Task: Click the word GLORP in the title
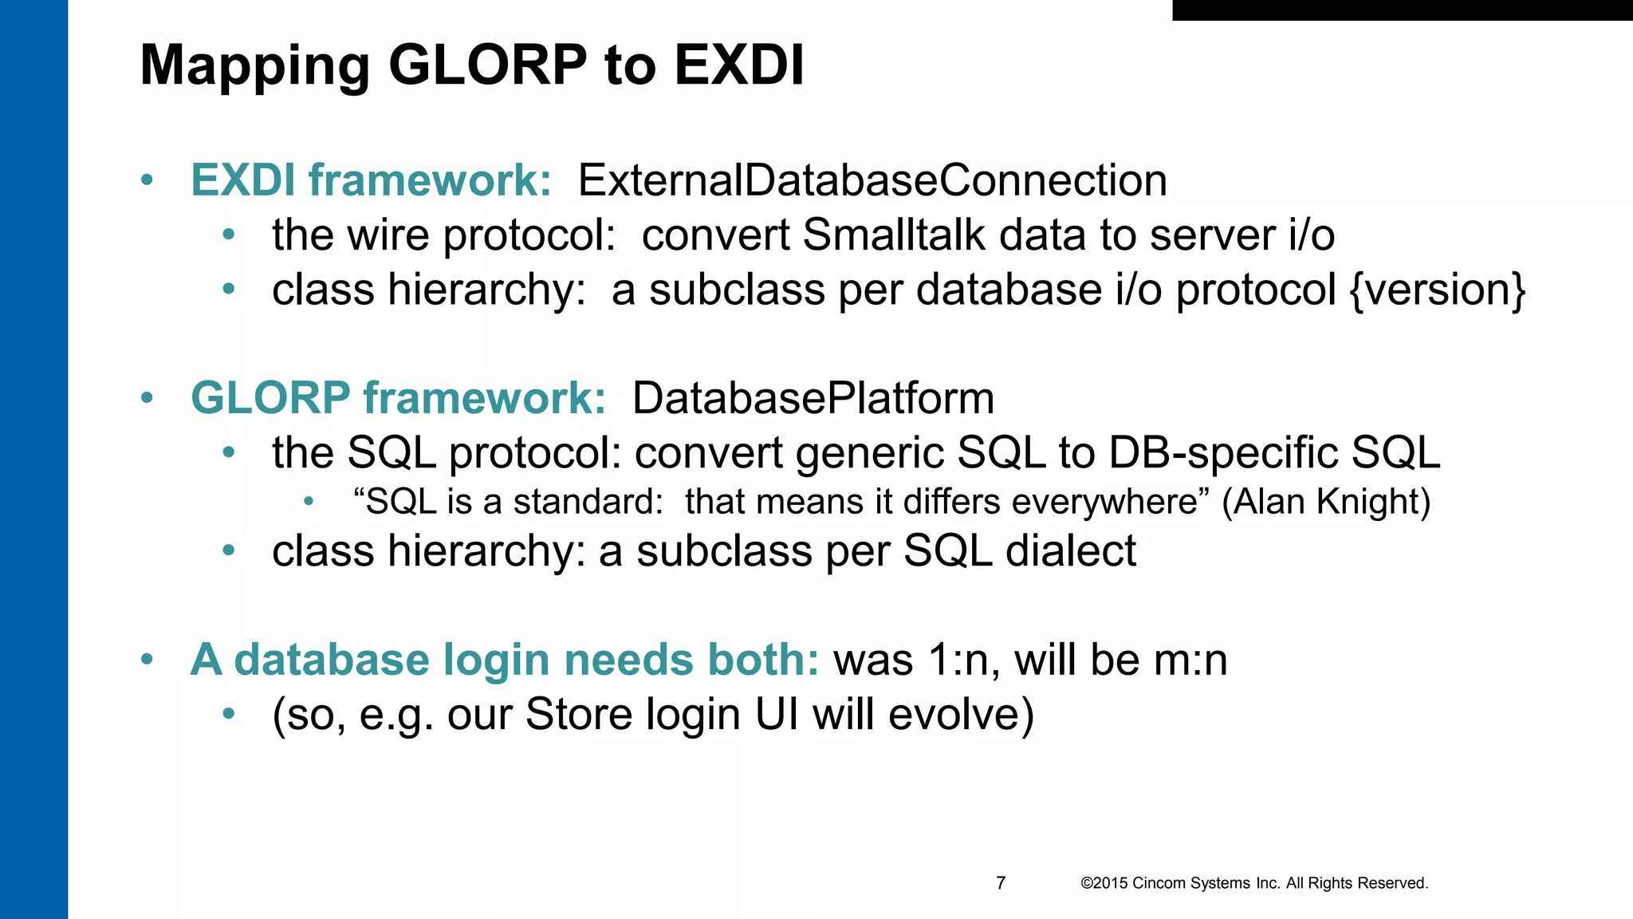[487, 65]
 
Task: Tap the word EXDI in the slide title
[738, 65]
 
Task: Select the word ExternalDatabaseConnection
[872, 180]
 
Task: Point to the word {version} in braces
[1438, 290]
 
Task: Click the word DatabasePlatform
[813, 398]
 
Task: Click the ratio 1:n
[957, 661]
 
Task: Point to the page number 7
[1001, 883]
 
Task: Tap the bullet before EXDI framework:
[147, 180]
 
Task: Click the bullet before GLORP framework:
[147, 398]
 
